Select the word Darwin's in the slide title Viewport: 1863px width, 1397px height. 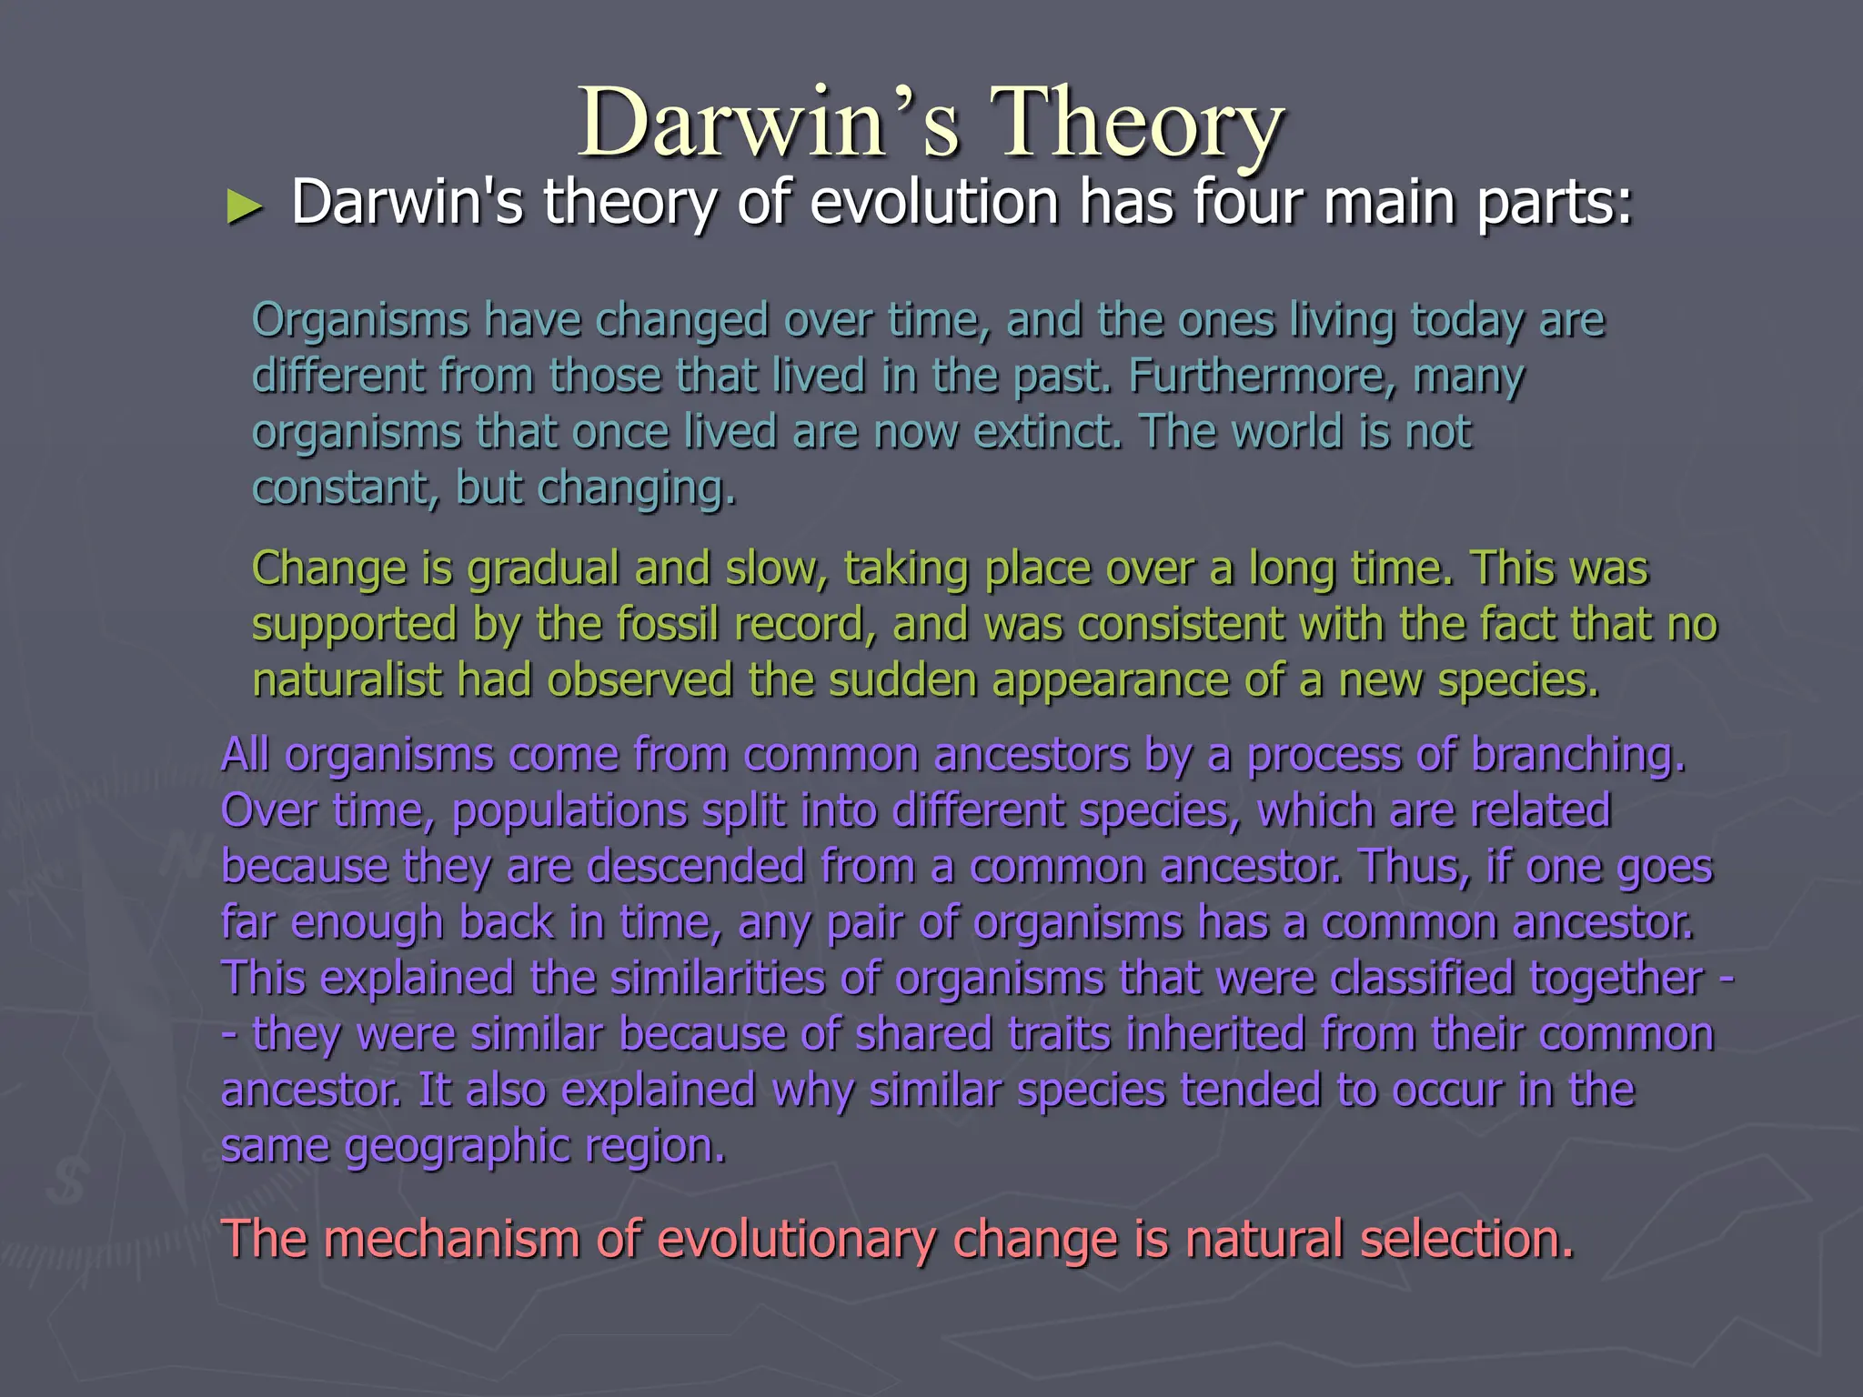coord(769,123)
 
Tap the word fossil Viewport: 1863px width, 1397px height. coord(668,625)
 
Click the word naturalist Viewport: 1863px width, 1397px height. coord(347,680)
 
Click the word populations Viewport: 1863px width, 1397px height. coord(569,812)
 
